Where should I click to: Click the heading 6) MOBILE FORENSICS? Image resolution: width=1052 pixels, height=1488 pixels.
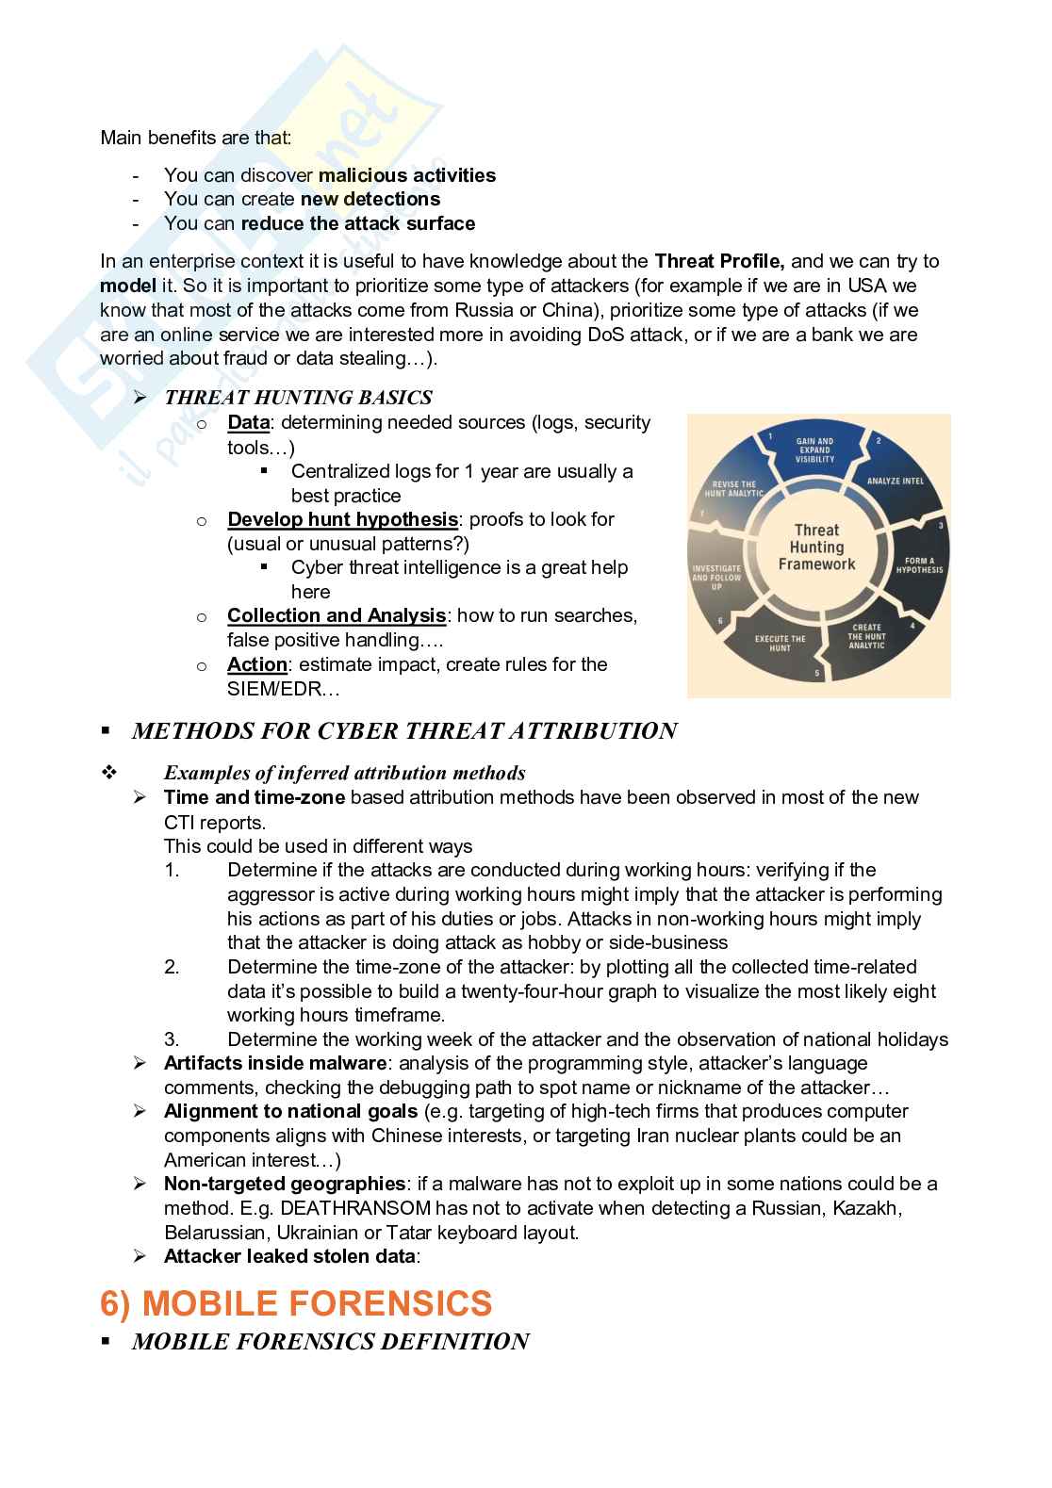coord(296,1303)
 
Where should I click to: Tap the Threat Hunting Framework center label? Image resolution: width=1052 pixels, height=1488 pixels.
coord(816,548)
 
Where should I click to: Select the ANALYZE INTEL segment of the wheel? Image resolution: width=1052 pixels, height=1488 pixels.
coord(895,482)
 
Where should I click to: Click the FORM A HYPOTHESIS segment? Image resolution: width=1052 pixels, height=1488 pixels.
coord(918,565)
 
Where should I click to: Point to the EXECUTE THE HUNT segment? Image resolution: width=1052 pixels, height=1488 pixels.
coord(780,644)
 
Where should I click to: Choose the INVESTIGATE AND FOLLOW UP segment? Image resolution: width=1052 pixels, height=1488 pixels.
coord(716,578)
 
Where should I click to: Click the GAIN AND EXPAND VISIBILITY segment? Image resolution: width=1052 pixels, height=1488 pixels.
coord(814,450)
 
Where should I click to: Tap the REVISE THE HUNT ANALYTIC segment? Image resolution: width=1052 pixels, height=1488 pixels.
coord(738,489)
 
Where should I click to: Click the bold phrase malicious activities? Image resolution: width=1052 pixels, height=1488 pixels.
coord(407,175)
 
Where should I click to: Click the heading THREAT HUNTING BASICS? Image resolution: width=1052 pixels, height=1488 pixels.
coord(298,398)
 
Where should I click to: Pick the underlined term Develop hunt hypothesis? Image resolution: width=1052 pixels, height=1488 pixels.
coord(342,519)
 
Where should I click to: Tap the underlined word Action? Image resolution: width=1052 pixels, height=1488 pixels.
coord(256,664)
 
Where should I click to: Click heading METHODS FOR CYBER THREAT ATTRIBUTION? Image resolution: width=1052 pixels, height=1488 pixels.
coord(404,731)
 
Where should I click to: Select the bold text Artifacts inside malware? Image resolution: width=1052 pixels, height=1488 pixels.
coord(274,1063)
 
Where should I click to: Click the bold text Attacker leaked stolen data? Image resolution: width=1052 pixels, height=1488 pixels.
coord(288,1256)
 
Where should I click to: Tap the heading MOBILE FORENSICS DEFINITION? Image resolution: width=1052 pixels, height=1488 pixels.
coord(330,1342)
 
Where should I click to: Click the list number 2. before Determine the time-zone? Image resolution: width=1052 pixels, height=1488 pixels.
coord(172,967)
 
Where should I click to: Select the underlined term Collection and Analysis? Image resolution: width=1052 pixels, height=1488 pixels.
coord(336,615)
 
